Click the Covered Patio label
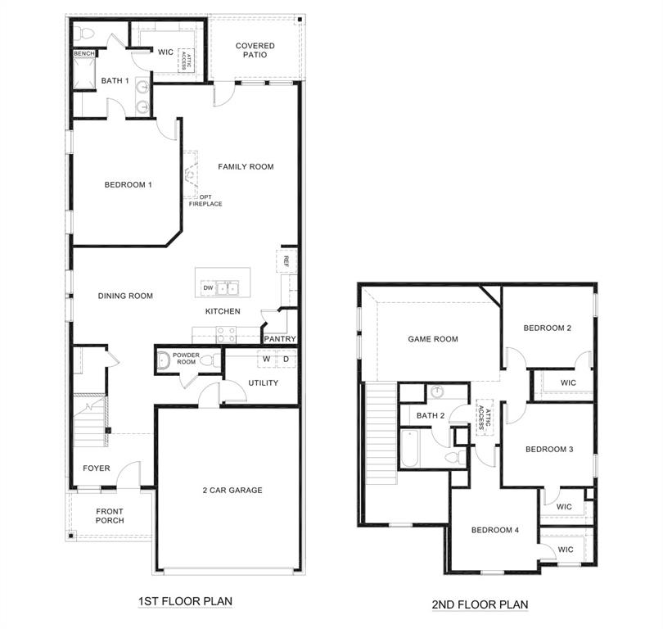pyautogui.click(x=255, y=51)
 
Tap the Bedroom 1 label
pyautogui.click(x=129, y=185)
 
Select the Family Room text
pyautogui.click(x=246, y=167)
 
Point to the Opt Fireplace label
pyautogui.click(x=205, y=200)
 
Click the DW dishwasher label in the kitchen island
pyautogui.click(x=208, y=288)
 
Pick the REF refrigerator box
pyautogui.click(x=286, y=261)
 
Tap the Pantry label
pyautogui.click(x=279, y=338)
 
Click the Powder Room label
pyautogui.click(x=187, y=359)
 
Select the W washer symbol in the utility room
pyautogui.click(x=266, y=360)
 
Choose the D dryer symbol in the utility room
pyautogui.click(x=286, y=360)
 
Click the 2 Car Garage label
pyautogui.click(x=232, y=491)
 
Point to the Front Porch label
pyautogui.click(x=110, y=516)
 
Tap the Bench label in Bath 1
pyautogui.click(x=84, y=54)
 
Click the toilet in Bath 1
pyautogui.click(x=84, y=33)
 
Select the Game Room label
pyautogui.click(x=433, y=339)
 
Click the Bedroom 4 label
pyautogui.click(x=495, y=530)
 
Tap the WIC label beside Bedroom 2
pyautogui.click(x=568, y=382)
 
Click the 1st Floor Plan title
pyautogui.click(x=185, y=601)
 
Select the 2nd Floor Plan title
pyautogui.click(x=480, y=604)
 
